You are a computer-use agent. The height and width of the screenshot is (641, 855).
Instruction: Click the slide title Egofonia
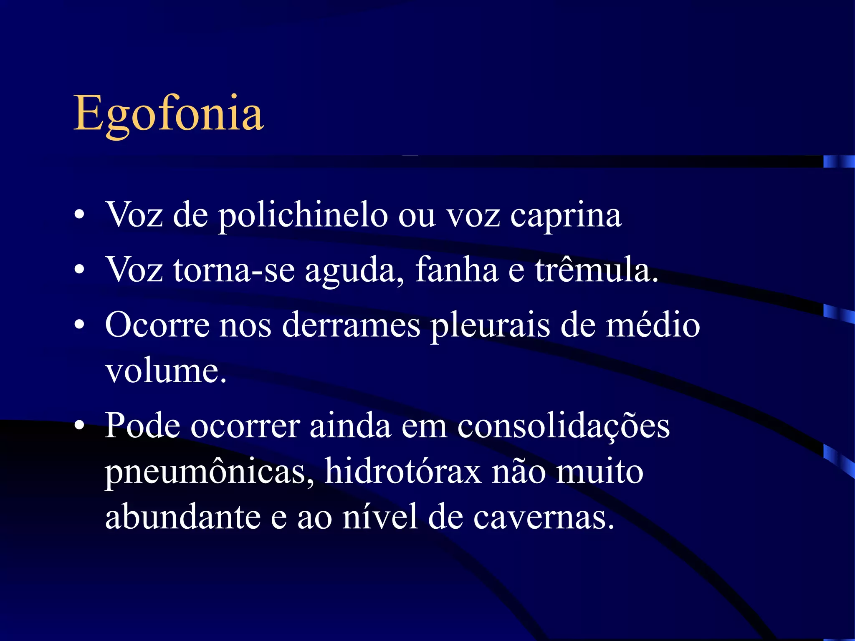pos(168,114)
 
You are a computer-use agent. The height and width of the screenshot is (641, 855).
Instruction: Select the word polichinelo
pos(303,215)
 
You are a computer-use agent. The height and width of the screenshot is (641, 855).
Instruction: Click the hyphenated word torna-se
pos(234,270)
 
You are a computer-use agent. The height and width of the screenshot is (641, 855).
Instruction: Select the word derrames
pos(351,325)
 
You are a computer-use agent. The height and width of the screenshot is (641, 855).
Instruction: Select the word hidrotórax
pos(403,472)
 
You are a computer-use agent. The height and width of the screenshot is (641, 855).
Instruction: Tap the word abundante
pos(183,517)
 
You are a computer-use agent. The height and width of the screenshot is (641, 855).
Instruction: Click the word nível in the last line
pos(380,517)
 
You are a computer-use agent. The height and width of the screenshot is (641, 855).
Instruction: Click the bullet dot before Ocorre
pos(79,325)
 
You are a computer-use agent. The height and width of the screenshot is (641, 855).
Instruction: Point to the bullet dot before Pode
pos(79,426)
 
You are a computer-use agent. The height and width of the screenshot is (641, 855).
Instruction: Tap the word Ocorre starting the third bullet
pos(157,325)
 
